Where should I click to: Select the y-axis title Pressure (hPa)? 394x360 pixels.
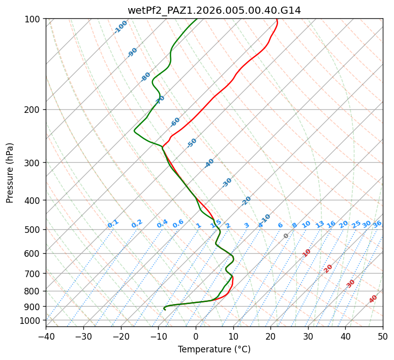click(x=10, y=172)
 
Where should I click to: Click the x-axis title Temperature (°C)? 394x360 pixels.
click(x=214, y=349)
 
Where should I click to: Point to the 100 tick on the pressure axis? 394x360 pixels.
click(x=34, y=19)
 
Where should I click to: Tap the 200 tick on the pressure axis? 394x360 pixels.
click(x=34, y=109)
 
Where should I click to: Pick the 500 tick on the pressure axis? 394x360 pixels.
click(x=34, y=229)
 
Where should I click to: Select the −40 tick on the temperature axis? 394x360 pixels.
click(x=46, y=336)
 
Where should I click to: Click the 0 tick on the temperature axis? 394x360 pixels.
click(x=196, y=336)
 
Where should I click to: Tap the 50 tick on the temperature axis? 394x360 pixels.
click(x=383, y=336)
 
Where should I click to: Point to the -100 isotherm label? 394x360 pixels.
click(x=120, y=27)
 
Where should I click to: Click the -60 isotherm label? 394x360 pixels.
click(x=175, y=122)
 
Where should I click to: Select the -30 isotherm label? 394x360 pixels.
click(x=227, y=182)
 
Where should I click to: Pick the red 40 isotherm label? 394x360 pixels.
click(x=373, y=299)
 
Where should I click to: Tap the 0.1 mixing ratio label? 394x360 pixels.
click(x=113, y=224)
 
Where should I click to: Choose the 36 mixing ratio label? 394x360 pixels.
click(x=377, y=224)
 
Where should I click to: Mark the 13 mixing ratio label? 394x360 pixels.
click(x=320, y=224)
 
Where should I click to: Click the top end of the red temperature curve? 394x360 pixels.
click(x=276, y=19)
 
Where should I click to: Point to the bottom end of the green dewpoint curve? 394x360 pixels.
click(x=165, y=310)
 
